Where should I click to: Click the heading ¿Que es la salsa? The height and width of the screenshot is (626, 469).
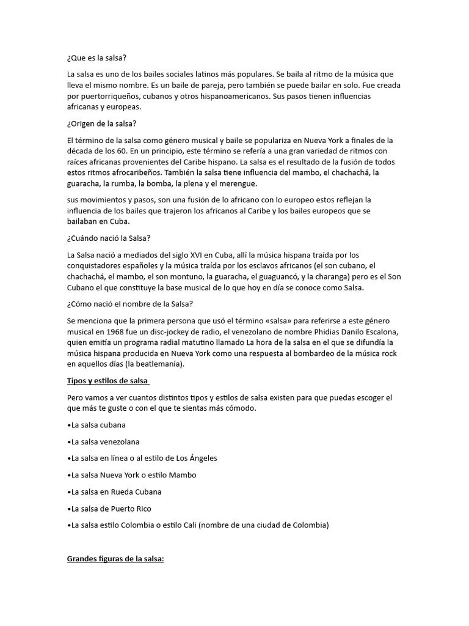[x=96, y=57]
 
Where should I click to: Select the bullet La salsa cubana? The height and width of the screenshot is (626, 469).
[x=96, y=424]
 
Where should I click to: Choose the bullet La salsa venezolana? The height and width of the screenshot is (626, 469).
[x=103, y=441]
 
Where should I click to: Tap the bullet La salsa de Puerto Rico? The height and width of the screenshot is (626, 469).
[x=109, y=508]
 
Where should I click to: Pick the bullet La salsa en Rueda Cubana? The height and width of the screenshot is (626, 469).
[x=114, y=492]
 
